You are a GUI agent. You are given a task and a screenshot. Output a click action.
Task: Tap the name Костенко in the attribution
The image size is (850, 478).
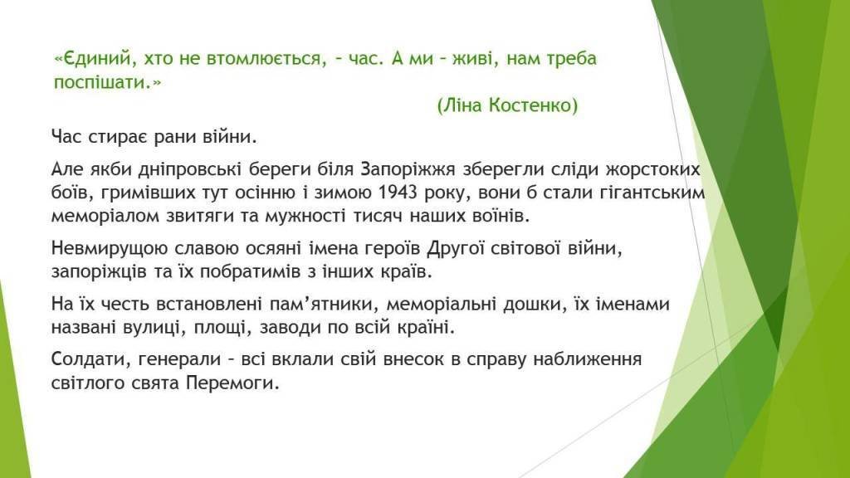click(x=533, y=105)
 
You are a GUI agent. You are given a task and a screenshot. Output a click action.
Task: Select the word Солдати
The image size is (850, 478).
click(x=90, y=359)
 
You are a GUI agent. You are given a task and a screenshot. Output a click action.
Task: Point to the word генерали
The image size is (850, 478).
click(x=179, y=360)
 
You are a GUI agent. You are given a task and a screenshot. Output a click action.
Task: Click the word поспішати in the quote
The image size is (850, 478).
click(x=100, y=83)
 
